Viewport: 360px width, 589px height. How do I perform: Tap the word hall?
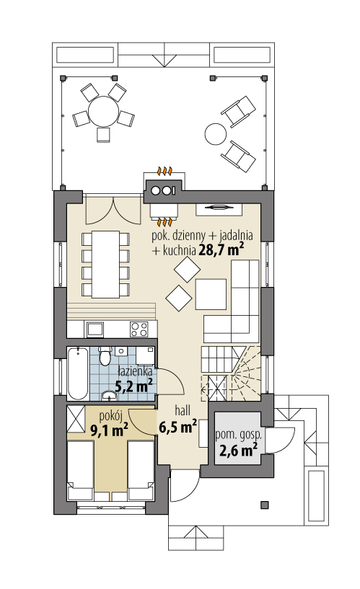coord(183,410)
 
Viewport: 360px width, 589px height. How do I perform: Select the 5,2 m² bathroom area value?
coord(133,386)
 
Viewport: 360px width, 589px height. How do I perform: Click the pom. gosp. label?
coord(238,435)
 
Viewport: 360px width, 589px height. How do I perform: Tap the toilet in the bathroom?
coord(105,355)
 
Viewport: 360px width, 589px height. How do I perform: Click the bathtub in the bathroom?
coord(78,373)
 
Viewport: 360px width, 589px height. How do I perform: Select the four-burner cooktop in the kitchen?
coord(139,329)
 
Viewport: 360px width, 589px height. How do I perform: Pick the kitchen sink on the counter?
coord(95,329)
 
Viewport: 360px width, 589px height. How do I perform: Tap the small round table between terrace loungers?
coord(216,133)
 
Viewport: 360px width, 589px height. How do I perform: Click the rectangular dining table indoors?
coord(105,264)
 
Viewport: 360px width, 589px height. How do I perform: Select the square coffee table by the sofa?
coord(211,294)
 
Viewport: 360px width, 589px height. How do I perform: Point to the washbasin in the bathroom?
coord(110,395)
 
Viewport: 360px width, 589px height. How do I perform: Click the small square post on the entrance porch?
coord(265,505)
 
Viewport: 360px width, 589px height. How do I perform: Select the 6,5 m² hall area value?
coord(178,427)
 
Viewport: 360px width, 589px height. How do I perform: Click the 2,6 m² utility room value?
coord(238,450)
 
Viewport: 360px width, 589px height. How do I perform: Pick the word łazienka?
coord(135,372)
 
